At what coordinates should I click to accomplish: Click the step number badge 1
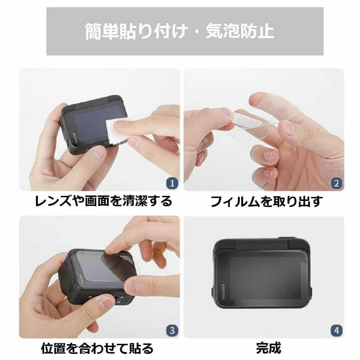[x=172, y=183]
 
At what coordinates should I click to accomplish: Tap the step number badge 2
[x=337, y=183]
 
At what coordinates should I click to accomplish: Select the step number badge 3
[x=172, y=330]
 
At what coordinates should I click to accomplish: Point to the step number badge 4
[x=337, y=330]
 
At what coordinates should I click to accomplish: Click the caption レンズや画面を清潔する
[x=103, y=201]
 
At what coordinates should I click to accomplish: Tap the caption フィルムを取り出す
[x=266, y=201]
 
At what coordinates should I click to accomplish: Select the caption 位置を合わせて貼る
[x=97, y=348]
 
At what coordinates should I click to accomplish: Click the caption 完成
[x=268, y=348]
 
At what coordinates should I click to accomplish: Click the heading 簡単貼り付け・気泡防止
[x=180, y=31]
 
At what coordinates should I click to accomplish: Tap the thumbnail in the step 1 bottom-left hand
[x=99, y=152]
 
